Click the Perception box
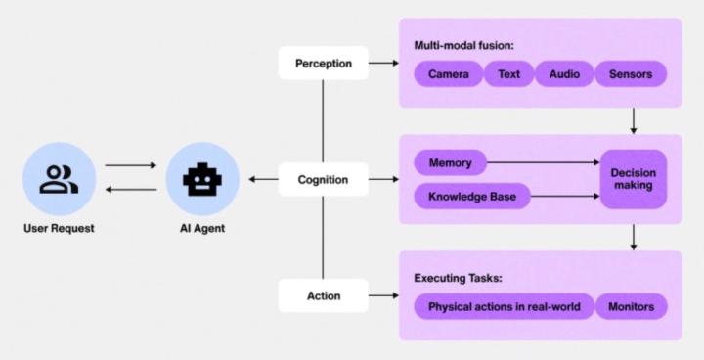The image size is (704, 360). [322, 64]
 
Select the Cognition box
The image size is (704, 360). [323, 179]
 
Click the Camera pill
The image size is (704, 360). [448, 74]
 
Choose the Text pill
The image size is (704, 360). [508, 74]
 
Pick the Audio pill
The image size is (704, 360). [564, 74]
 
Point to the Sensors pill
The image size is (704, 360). [631, 74]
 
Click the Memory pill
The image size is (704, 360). [450, 162]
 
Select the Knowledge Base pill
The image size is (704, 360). [471, 197]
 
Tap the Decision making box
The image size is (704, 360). [634, 179]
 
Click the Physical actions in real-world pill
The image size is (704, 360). [504, 307]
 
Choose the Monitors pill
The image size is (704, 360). [632, 307]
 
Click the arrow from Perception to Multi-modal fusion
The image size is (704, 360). [383, 64]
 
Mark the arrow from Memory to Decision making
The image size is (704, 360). [543, 162]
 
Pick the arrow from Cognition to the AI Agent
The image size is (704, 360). [263, 179]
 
